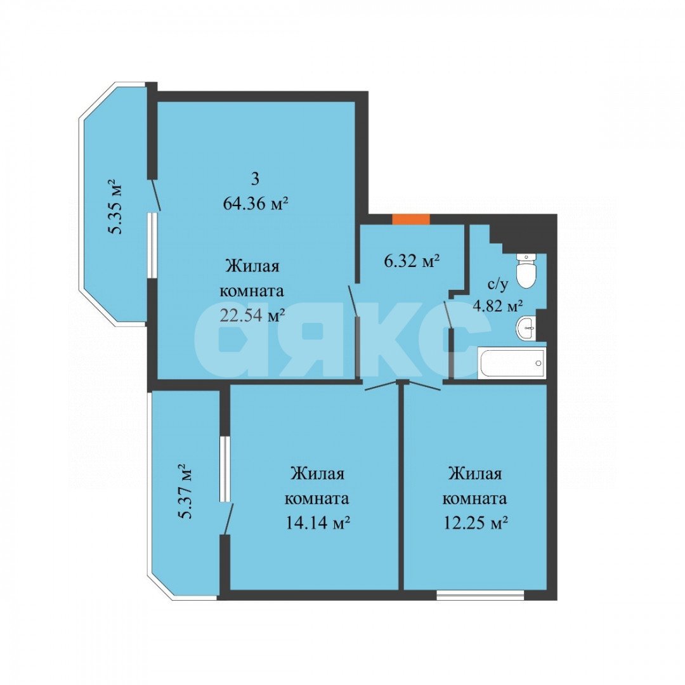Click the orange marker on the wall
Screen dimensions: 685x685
click(x=410, y=219)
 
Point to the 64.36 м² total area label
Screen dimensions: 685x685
click(x=256, y=203)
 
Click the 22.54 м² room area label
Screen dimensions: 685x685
click(x=252, y=315)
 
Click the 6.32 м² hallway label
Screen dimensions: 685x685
click(x=411, y=261)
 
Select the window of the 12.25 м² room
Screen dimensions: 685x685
click(x=480, y=595)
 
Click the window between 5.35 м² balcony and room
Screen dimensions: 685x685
click(x=152, y=245)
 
